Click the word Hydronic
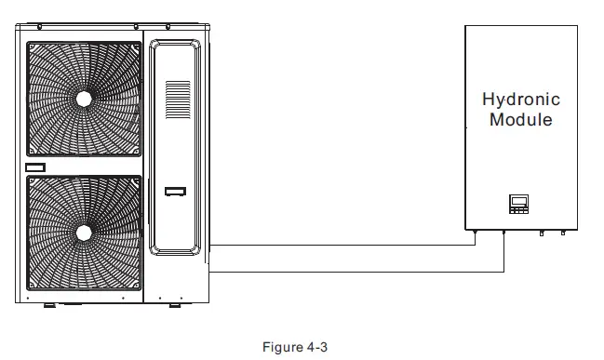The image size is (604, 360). click(x=520, y=100)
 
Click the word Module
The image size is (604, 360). click(x=521, y=120)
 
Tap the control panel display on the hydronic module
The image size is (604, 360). click(x=518, y=202)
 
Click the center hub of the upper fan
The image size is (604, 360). click(x=84, y=97)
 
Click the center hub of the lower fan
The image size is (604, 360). click(x=84, y=231)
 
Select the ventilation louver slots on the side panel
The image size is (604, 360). click(x=177, y=101)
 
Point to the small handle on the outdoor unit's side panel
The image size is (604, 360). click(x=175, y=193)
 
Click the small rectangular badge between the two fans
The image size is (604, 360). click(x=35, y=167)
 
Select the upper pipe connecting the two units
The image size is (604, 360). click(x=344, y=247)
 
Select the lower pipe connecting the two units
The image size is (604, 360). click(x=354, y=272)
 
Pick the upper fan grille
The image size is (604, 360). click(x=84, y=97)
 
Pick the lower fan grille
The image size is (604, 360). click(x=84, y=231)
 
